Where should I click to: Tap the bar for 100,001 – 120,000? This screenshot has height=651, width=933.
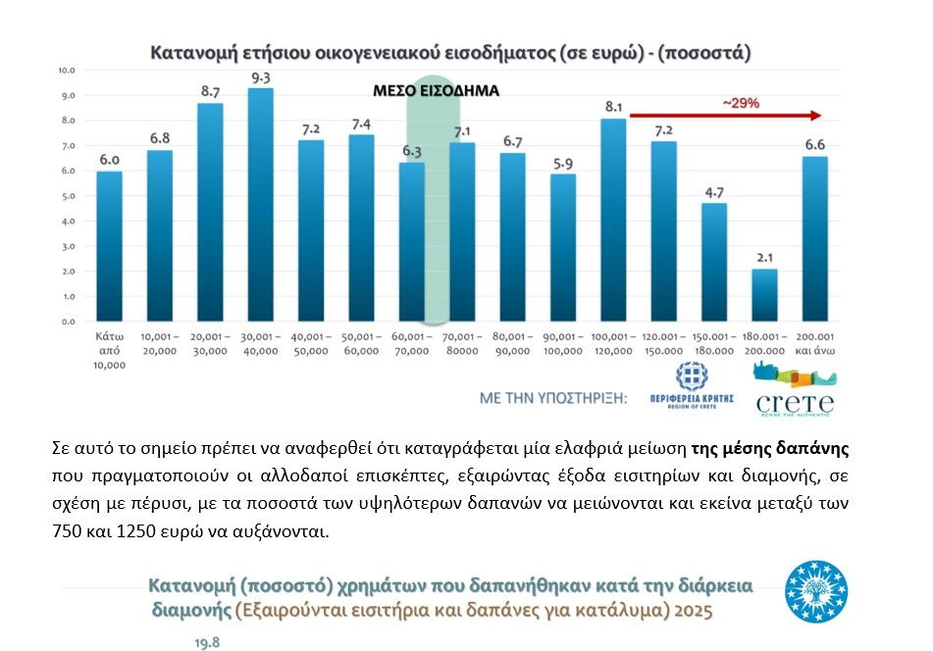[x=613, y=220]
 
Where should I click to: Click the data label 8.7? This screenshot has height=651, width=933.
[x=210, y=90]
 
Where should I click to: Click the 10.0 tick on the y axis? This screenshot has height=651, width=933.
[x=68, y=71]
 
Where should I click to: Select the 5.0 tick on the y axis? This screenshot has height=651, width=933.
[x=68, y=196]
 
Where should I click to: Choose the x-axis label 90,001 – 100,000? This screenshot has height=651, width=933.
[x=562, y=343]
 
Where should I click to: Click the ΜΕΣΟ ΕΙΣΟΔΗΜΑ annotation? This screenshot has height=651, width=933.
[x=436, y=90]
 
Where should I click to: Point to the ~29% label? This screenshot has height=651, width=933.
[x=741, y=102]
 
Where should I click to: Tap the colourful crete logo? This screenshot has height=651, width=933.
[x=795, y=388]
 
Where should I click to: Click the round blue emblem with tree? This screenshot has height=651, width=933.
[x=816, y=592]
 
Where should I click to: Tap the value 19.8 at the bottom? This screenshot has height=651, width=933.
[x=208, y=642]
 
